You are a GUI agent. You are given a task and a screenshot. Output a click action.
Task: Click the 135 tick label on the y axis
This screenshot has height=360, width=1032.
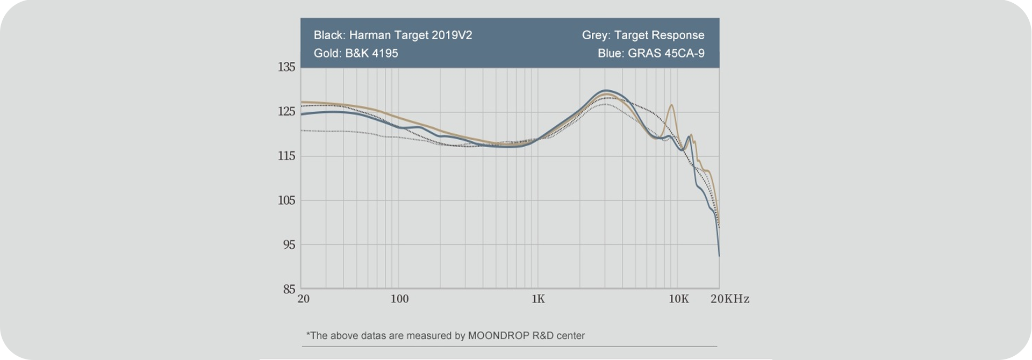(x=286, y=67)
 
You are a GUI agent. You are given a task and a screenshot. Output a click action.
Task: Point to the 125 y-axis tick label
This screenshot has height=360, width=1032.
(x=286, y=112)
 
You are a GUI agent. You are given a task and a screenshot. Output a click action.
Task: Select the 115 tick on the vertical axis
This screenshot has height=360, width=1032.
(x=286, y=156)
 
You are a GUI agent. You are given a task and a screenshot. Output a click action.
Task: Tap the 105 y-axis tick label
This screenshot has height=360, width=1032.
(x=286, y=200)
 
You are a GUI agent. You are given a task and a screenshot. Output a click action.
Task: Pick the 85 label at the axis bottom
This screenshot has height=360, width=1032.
(x=289, y=290)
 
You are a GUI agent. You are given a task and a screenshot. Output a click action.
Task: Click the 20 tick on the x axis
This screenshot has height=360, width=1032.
(x=303, y=299)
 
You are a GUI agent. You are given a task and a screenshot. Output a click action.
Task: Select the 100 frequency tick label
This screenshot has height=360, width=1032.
(x=399, y=299)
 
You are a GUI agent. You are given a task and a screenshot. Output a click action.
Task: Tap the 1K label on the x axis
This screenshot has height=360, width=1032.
(x=537, y=299)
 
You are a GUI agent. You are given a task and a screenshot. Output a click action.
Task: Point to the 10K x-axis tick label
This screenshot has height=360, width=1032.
(x=678, y=299)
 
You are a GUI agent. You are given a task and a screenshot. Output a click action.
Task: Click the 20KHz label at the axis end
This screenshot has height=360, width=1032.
(x=729, y=299)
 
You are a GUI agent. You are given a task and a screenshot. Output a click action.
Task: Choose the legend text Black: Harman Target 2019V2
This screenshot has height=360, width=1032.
(x=393, y=35)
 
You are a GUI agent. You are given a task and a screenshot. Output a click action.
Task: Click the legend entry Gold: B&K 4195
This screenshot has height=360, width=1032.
(x=356, y=54)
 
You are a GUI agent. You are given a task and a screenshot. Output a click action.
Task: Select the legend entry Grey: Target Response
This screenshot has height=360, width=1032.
(x=643, y=35)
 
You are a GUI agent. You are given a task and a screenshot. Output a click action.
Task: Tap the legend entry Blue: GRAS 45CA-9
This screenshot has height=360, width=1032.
(x=651, y=54)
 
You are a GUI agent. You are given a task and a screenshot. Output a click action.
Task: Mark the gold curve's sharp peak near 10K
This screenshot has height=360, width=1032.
(x=671, y=105)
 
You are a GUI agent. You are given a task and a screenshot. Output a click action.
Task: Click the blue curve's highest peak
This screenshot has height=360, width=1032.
(x=606, y=90)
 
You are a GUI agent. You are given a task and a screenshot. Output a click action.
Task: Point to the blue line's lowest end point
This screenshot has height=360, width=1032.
(x=719, y=256)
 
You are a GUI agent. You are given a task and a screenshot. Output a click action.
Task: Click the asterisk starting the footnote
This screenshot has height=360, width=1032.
(x=308, y=335)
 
